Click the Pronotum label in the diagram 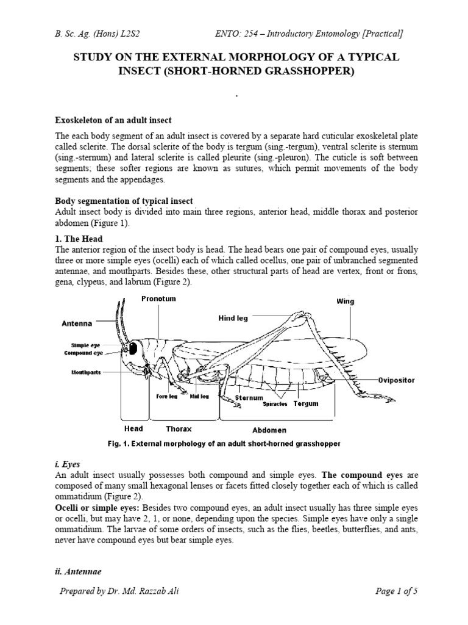coord(158,298)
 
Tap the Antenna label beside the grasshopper coord(76,323)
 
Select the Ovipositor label coord(396,380)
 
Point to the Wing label coord(345,302)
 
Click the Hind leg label coord(233,319)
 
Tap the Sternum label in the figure coord(249,398)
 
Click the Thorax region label coord(179,429)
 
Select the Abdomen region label coord(277,430)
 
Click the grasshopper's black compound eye coord(132,349)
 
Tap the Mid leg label coord(199,396)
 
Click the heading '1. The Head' coord(79,239)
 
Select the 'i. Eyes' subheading coord(68,464)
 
